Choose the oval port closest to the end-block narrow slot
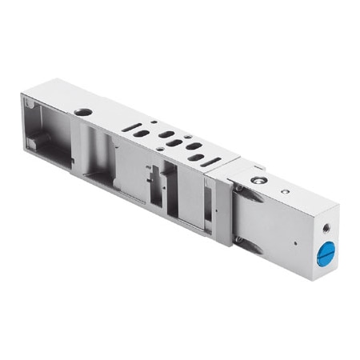click(195, 158)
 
